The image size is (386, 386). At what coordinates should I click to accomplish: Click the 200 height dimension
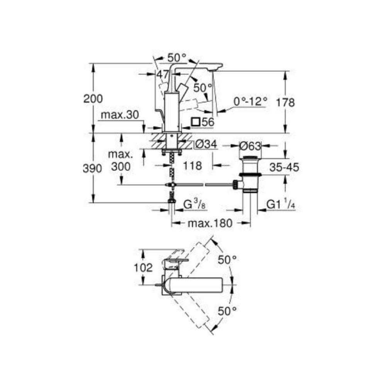point(93,99)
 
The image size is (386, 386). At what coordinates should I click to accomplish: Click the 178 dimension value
point(285,102)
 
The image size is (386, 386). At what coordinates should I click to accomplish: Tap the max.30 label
point(120,115)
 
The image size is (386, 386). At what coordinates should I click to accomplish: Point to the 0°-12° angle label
point(251,102)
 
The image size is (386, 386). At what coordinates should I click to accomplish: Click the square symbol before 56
point(196,122)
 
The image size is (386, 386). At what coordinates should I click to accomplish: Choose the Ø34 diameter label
point(206,144)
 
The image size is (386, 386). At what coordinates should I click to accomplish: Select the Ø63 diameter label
point(250,146)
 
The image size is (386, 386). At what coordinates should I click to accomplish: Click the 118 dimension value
point(192,166)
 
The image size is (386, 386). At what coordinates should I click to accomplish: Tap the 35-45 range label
point(284,168)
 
